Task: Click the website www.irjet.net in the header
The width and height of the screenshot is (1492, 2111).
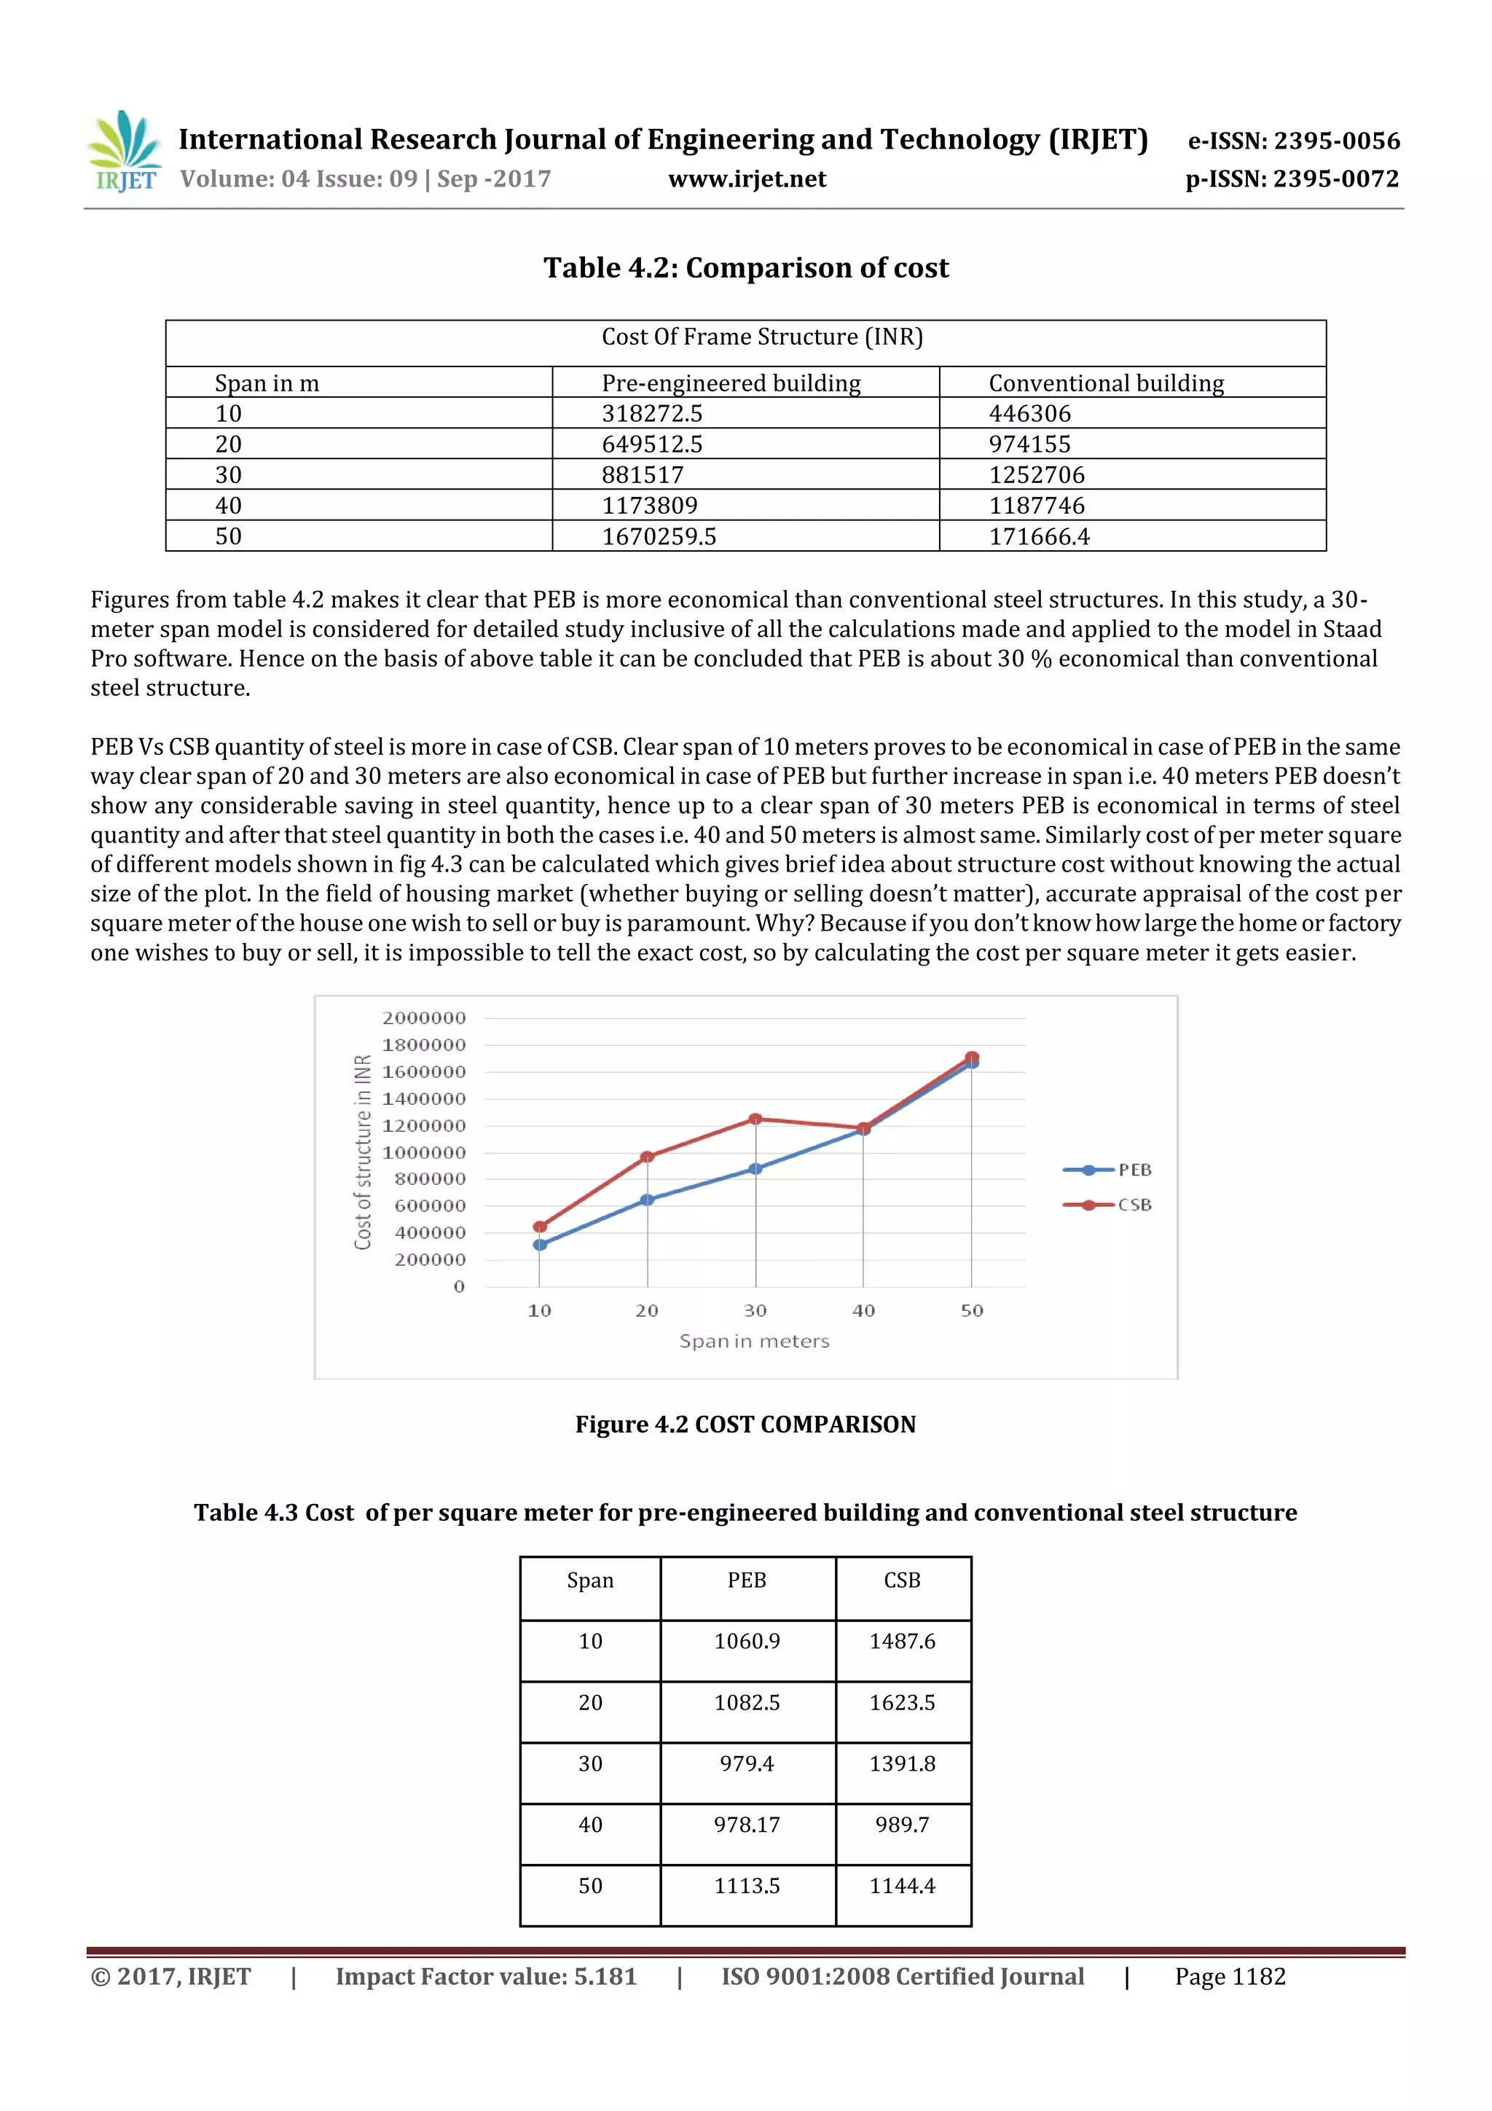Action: [x=747, y=179]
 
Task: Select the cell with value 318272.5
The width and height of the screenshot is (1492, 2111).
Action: [x=652, y=413]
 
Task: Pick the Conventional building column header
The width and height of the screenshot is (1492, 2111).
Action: [x=1106, y=383]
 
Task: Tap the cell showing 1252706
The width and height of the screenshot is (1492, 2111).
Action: [x=1036, y=474]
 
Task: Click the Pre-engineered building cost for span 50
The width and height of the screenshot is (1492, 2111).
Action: [x=658, y=536]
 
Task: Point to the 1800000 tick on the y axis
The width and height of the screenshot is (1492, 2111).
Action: [x=424, y=1044]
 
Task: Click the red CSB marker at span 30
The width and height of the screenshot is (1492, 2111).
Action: [x=755, y=1119]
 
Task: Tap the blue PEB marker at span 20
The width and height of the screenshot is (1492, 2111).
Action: [x=647, y=1200]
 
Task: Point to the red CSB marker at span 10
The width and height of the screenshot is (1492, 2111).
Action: [x=540, y=1226]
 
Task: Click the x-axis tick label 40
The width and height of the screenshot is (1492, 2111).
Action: [x=863, y=1310]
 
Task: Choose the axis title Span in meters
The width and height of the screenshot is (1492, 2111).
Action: [x=754, y=1342]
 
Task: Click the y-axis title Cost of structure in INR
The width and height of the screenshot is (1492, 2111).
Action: [x=363, y=1152]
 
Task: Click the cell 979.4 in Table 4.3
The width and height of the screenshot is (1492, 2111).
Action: [x=747, y=1763]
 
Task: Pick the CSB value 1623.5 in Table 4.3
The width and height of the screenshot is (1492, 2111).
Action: [x=902, y=1703]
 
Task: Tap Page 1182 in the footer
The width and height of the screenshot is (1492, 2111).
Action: [x=1229, y=1977]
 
